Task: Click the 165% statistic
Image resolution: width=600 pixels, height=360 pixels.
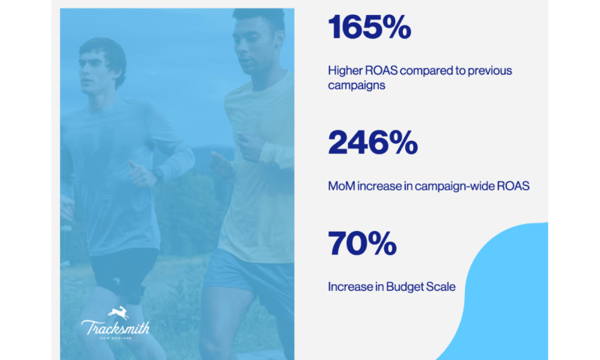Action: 369,28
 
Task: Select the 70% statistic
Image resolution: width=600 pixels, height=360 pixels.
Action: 361,244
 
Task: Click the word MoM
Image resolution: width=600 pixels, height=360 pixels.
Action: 341,185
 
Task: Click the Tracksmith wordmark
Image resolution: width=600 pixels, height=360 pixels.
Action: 115,327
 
